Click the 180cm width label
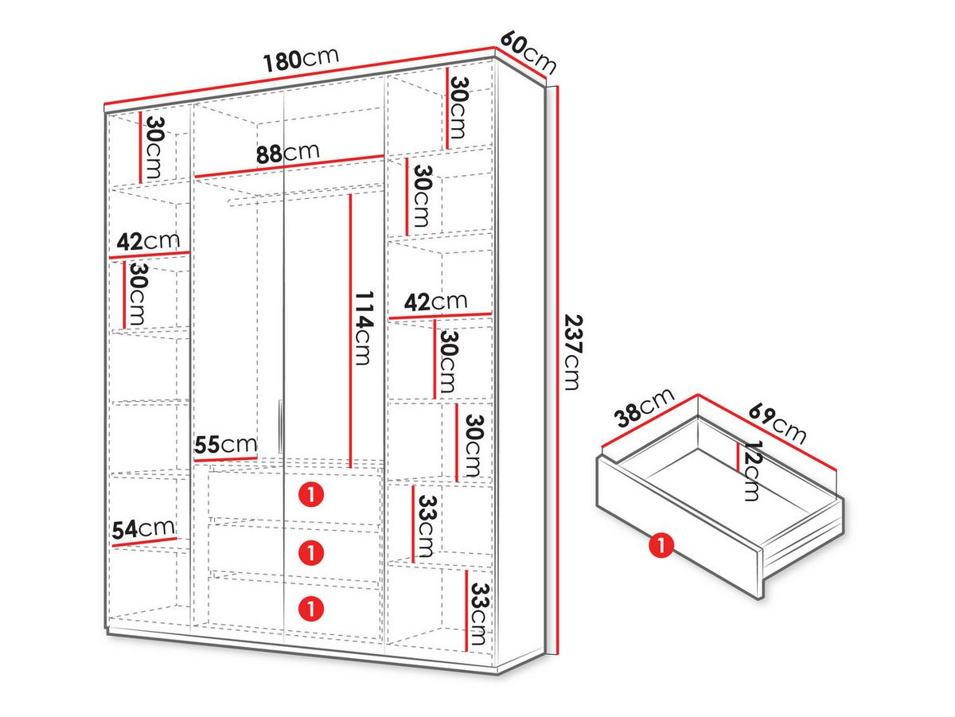coord(301,60)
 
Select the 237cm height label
coord(573,353)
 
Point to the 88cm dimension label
coord(287,153)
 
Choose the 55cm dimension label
coord(225,445)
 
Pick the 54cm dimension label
coord(143,528)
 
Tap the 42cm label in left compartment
coord(148,241)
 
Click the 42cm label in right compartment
coord(435,302)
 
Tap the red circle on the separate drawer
coord(661,545)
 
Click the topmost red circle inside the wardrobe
coord(311,495)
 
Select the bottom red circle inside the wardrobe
coord(311,608)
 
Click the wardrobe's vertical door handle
coord(280,427)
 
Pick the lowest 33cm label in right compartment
coord(479,615)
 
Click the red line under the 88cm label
coord(290,166)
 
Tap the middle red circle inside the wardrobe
coord(311,552)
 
